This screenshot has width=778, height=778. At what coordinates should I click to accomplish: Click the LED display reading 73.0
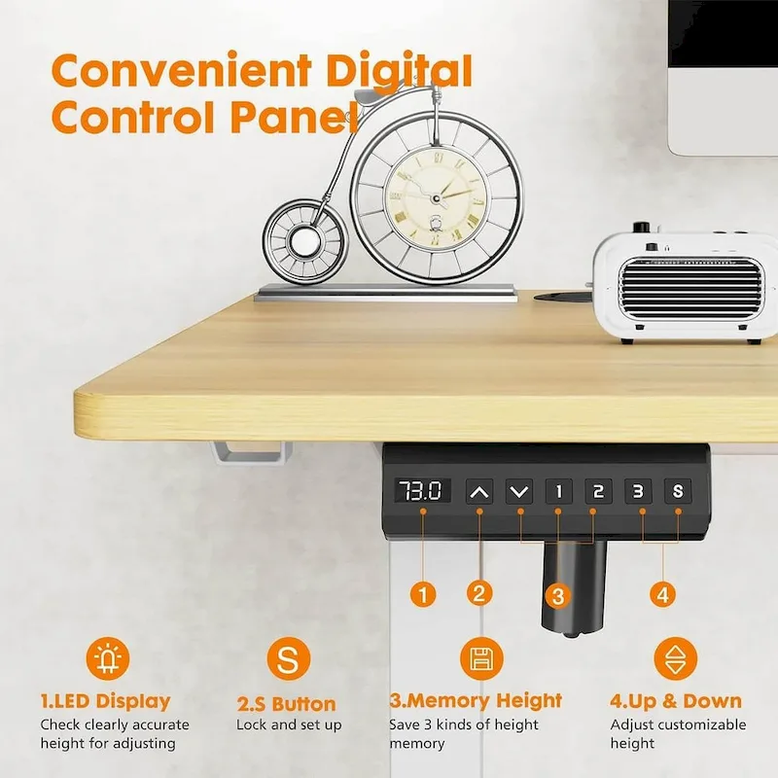click(x=423, y=490)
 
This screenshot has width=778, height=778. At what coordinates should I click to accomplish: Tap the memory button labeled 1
click(x=558, y=490)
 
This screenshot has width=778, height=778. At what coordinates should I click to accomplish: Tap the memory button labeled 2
click(x=598, y=490)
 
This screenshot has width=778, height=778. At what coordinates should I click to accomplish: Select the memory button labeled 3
click(x=638, y=490)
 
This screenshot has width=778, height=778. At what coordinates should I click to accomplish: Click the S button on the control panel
click(x=678, y=490)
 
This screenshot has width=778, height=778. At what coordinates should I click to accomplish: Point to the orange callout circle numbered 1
click(x=423, y=592)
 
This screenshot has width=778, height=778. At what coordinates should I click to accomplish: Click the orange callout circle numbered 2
click(x=477, y=592)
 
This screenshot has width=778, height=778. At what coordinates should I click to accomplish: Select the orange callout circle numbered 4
click(x=662, y=592)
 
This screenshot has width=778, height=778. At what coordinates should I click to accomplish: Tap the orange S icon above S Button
click(x=287, y=661)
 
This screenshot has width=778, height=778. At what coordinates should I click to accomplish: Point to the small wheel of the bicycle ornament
click(x=303, y=239)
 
